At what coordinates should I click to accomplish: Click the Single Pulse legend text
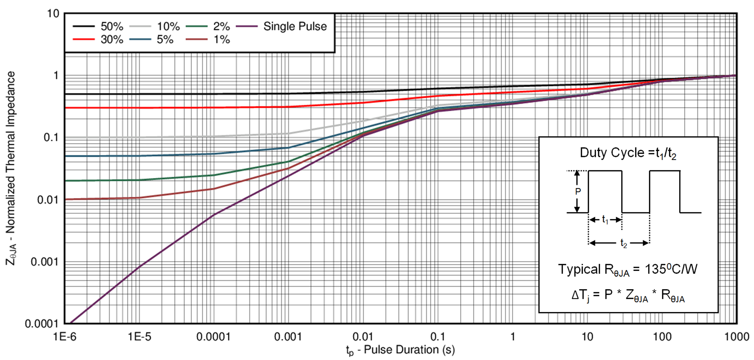[295, 26]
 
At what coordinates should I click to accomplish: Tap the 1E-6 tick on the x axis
[65, 337]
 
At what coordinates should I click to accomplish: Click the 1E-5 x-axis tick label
[139, 337]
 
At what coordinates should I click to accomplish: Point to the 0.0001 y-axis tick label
[42, 324]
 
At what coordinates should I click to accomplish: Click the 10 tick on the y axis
[53, 13]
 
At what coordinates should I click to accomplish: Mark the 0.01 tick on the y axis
[48, 200]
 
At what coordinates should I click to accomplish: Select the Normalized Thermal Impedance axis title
[11, 168]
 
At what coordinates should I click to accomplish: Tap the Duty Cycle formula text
[628, 153]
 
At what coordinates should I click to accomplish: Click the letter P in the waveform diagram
[578, 191]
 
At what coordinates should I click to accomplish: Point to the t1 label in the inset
[605, 220]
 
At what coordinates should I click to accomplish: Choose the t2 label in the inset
[623, 243]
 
